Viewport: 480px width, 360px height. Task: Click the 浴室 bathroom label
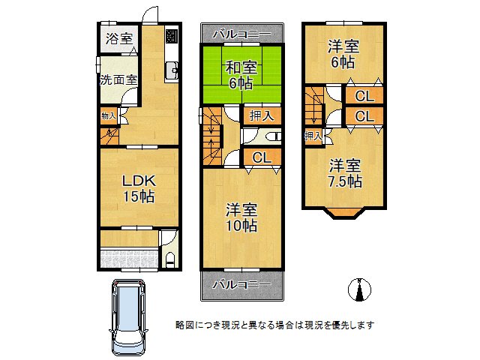[118, 37]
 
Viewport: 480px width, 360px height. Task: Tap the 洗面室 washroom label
[118, 79]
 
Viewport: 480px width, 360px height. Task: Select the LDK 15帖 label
[139, 188]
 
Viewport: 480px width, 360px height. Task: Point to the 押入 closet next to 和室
[261, 115]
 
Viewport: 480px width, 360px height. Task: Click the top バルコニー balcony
[241, 34]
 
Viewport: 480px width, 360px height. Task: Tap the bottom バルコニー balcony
[241, 284]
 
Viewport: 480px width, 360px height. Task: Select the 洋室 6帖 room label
[343, 55]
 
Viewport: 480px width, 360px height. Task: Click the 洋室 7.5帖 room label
[344, 172]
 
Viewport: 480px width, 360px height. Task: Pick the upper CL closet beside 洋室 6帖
[364, 96]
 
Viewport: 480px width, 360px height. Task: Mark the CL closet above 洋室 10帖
[261, 157]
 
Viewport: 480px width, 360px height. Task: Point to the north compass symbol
[360, 289]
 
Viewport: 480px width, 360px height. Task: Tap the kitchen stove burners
[172, 36]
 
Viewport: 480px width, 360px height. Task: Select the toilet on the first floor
[169, 259]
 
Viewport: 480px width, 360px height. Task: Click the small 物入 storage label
[108, 116]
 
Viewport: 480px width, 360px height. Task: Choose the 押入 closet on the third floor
[313, 136]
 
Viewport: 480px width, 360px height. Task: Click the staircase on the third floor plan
[316, 105]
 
